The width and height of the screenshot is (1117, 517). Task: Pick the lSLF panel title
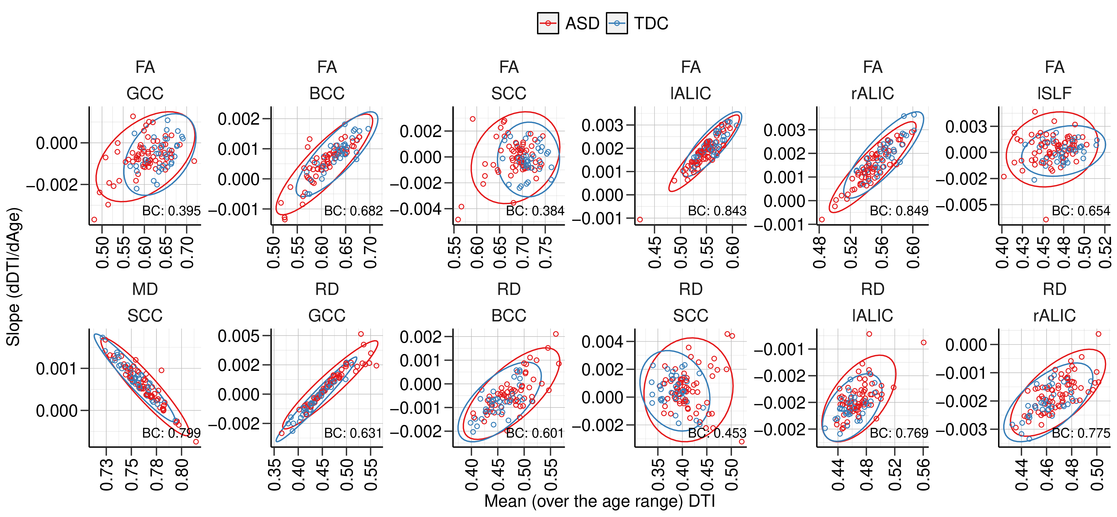pyautogui.click(x=1055, y=93)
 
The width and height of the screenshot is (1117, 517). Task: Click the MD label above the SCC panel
pyautogui.click(x=145, y=289)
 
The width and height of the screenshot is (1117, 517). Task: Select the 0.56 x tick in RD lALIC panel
pyautogui.click(x=923, y=475)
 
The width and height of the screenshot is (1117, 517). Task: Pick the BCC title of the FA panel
pyautogui.click(x=327, y=93)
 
